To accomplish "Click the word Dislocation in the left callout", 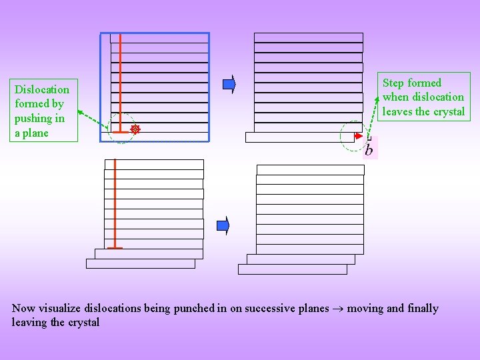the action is tap(42, 89).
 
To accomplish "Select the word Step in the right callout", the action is tap(393, 83).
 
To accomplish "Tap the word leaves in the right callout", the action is tap(397, 111).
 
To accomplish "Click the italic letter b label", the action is tap(369, 151).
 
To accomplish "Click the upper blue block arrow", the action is tap(229, 83).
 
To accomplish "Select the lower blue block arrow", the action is tap(224, 226).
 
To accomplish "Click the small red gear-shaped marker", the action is tap(135, 130).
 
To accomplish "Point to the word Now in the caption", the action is tap(23, 308).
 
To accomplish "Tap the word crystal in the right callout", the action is tap(449, 111).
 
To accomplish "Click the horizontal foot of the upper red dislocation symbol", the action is tap(119, 132).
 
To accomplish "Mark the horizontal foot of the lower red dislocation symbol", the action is tap(115, 248).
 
